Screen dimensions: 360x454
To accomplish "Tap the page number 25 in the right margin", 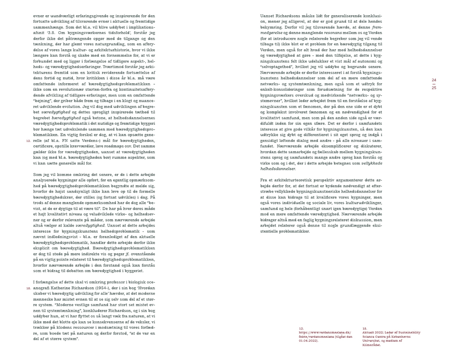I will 434,88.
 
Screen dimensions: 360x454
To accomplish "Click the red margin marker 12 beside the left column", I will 28,140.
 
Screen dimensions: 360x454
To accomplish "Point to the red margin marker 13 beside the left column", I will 28,288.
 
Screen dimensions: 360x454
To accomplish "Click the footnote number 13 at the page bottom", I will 365,328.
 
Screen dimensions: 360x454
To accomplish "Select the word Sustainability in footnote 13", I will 406,332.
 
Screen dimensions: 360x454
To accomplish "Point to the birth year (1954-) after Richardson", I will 105,288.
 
